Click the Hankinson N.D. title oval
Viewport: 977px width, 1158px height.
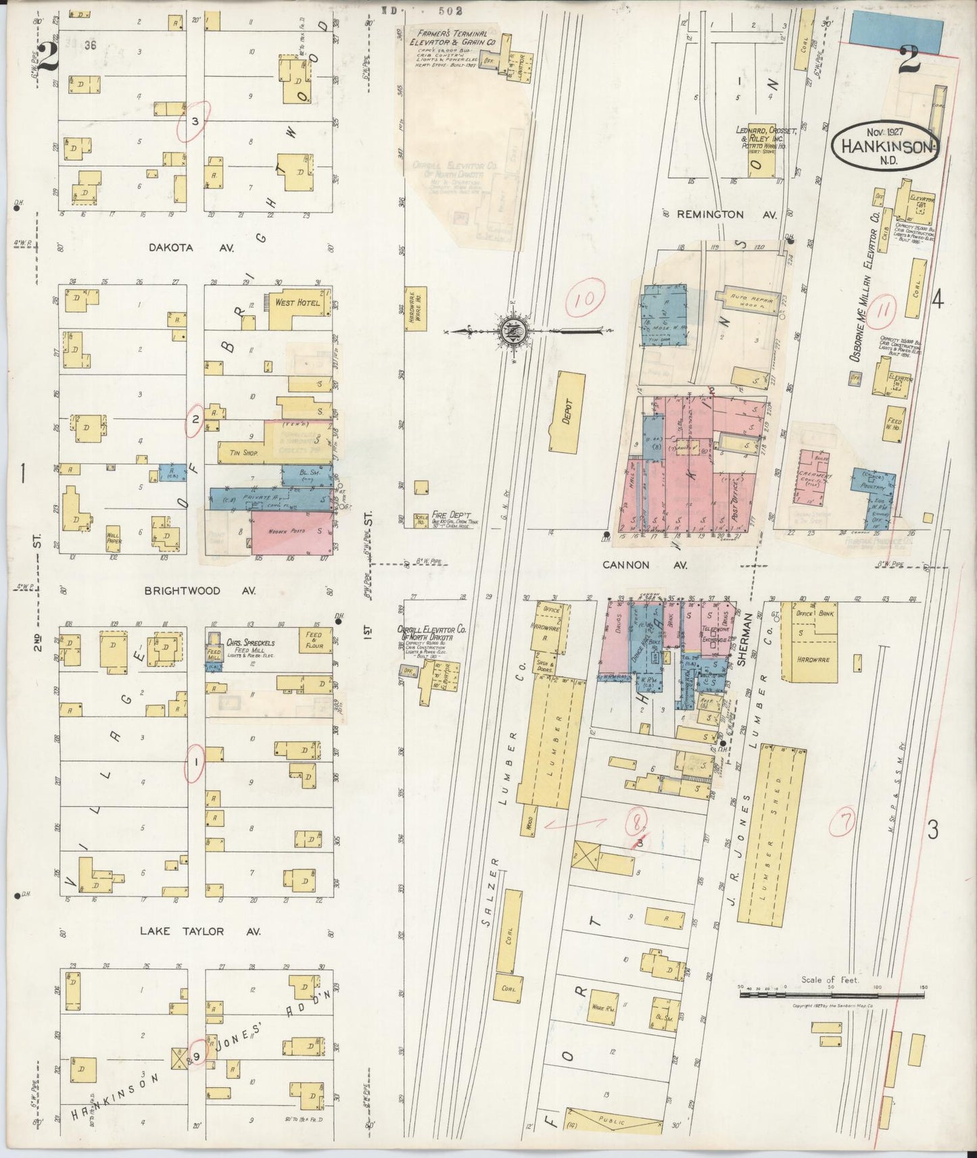click(x=885, y=143)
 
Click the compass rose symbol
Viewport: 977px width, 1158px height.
click(x=509, y=331)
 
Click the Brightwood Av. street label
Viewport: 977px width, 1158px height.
click(x=191, y=590)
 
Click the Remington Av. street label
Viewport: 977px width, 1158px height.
click(x=719, y=214)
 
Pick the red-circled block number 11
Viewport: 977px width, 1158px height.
click(x=884, y=312)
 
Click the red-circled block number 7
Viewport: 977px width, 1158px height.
click(x=845, y=821)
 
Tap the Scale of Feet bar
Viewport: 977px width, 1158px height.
click(x=832, y=995)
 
